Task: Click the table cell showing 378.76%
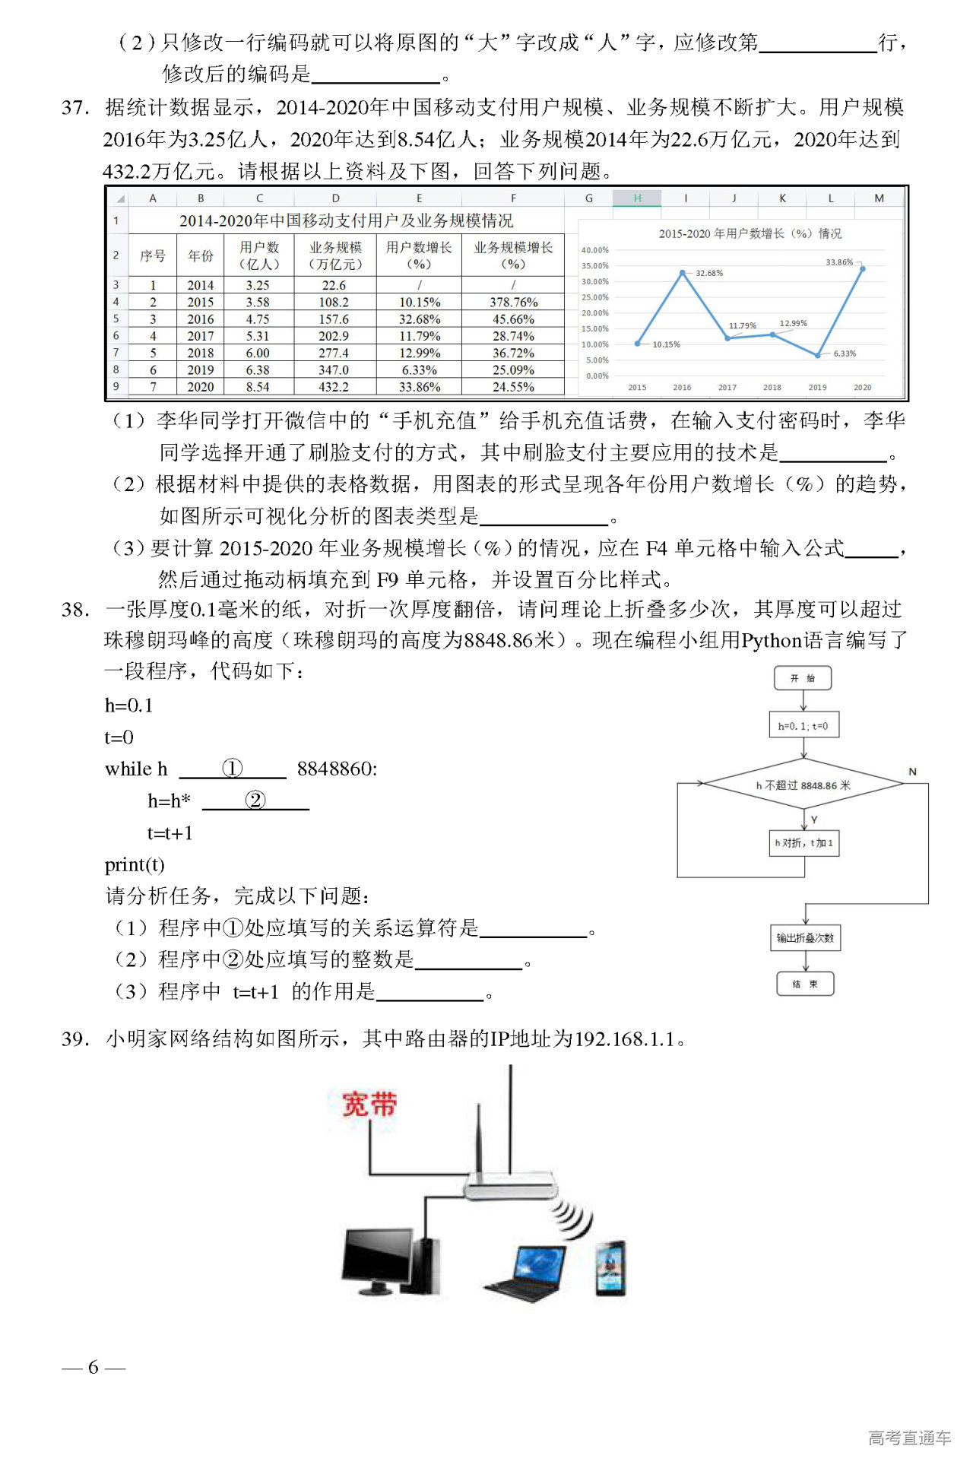[513, 303]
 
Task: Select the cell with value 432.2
[334, 387]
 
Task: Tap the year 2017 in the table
[201, 336]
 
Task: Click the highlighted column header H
[637, 198]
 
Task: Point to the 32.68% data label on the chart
[709, 273]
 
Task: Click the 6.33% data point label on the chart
[845, 354]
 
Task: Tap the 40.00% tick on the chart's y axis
[594, 250]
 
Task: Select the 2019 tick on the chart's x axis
[817, 388]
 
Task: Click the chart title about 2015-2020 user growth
[750, 233]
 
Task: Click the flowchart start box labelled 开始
[803, 678]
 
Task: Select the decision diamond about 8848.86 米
[803, 785]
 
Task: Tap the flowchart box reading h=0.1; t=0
[803, 726]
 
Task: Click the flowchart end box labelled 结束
[804, 984]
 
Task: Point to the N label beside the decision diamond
[912, 772]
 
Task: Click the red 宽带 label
[369, 1104]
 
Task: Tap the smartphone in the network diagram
[610, 1267]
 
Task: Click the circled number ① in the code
[232, 768]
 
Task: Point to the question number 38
[75, 610]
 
